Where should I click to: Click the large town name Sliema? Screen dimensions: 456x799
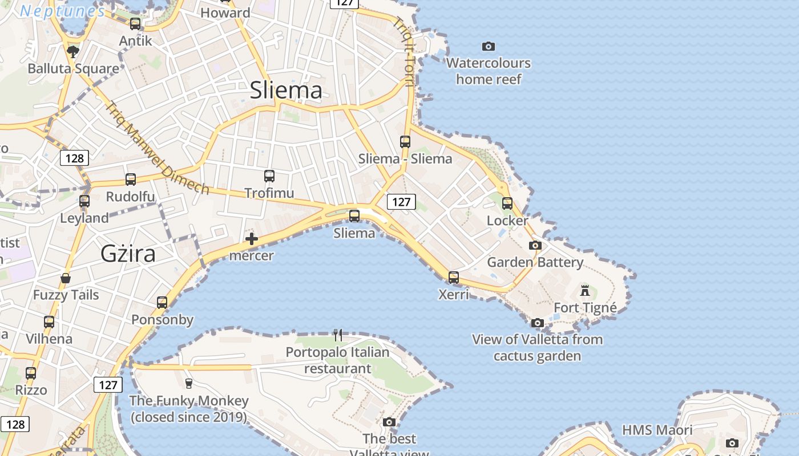pos(286,90)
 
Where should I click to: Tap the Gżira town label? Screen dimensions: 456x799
pos(128,253)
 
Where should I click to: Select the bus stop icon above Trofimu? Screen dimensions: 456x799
pos(269,176)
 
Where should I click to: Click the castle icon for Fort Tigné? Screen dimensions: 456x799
pos(585,290)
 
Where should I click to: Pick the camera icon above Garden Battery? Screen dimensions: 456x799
pos(535,245)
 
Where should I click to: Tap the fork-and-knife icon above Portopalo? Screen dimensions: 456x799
pos(338,335)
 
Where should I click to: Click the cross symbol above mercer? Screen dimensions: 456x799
pos(251,239)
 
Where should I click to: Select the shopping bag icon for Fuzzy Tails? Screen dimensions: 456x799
pos(66,278)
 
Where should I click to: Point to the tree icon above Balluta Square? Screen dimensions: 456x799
pos(72,52)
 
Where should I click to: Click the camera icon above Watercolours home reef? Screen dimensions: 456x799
pos(488,46)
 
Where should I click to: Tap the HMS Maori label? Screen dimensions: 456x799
pos(657,430)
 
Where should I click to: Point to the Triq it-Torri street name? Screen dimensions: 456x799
pos(405,51)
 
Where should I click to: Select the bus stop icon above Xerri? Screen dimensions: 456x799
pos(454,278)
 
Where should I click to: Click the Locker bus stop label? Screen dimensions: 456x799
pos(507,221)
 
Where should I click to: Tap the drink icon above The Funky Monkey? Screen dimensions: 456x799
pos(189,383)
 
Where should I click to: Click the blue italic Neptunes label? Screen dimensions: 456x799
pos(62,11)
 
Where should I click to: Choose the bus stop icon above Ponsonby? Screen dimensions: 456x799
pos(162,302)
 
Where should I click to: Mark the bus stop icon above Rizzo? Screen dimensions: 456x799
pos(31,373)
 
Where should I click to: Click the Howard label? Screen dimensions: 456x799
pos(225,13)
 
